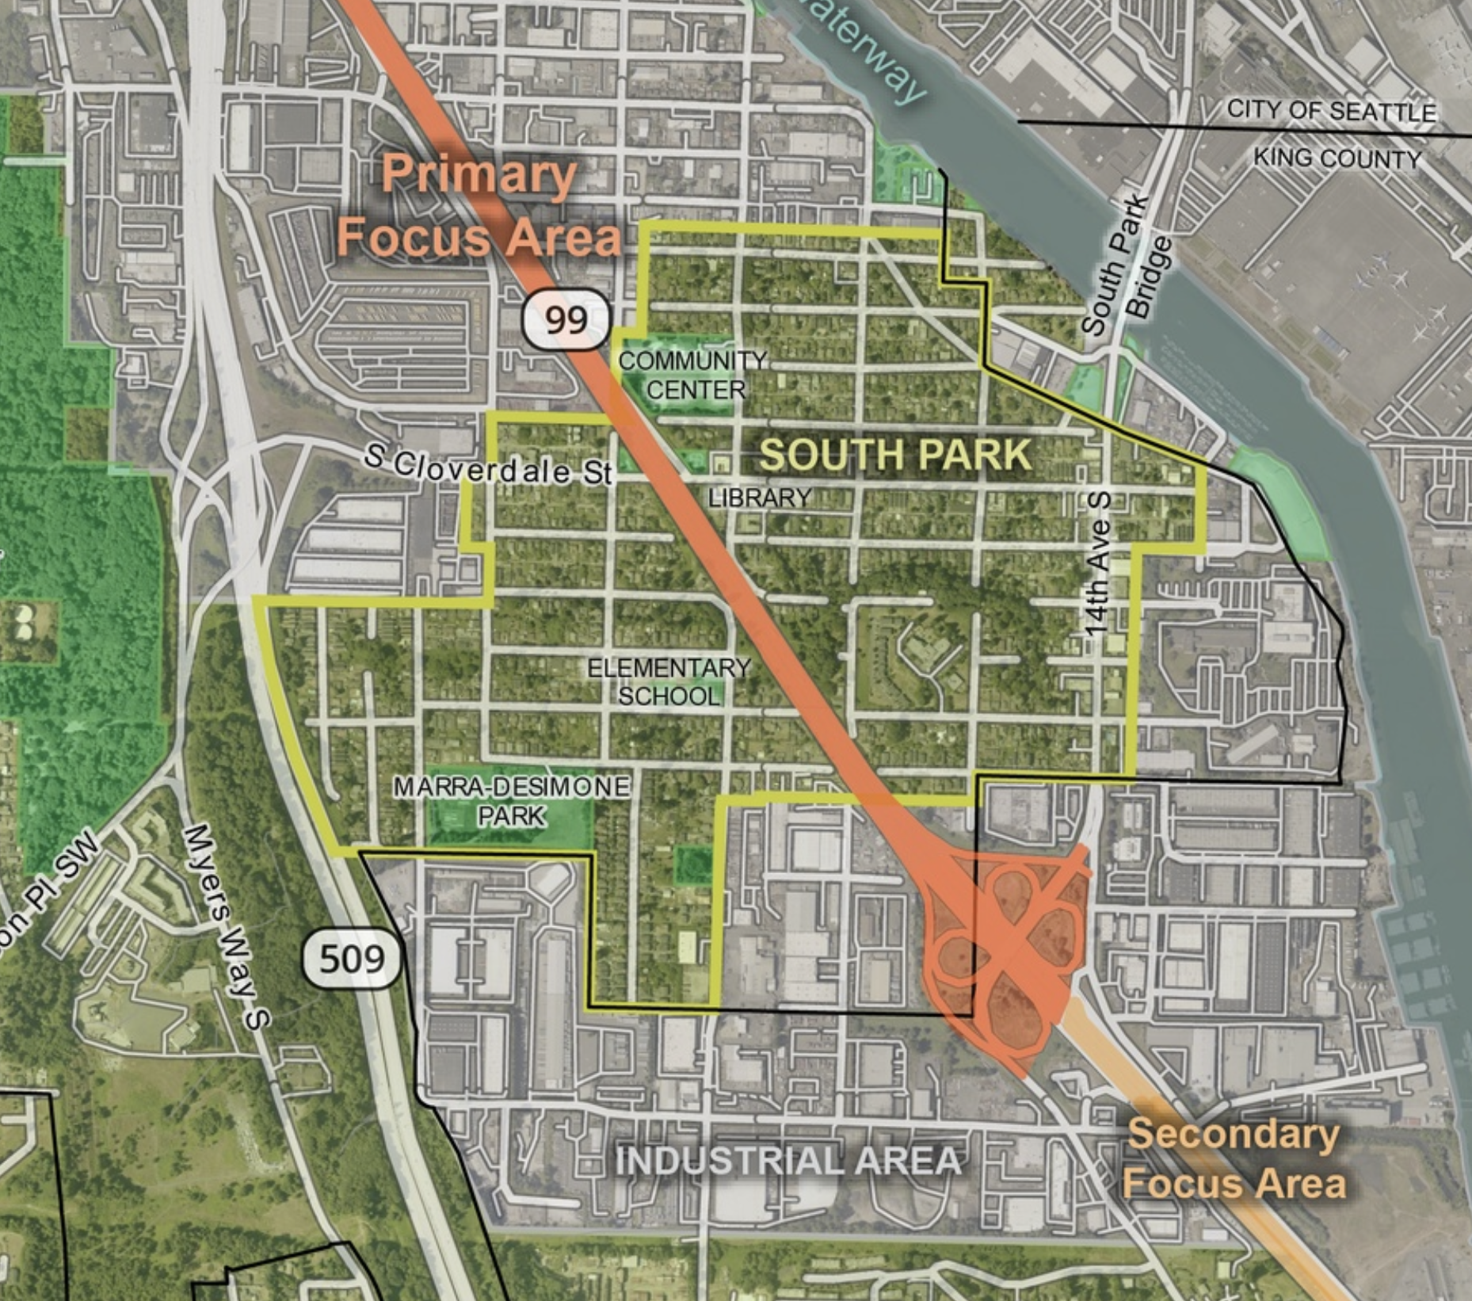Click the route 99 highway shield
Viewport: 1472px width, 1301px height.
[566, 319]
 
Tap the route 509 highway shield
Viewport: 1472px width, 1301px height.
[352, 959]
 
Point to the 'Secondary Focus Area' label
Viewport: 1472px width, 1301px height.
[1234, 1158]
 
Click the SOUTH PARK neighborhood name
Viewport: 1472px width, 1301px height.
[895, 455]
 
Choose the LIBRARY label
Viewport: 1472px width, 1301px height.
[760, 498]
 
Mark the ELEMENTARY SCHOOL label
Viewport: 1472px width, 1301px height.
[669, 682]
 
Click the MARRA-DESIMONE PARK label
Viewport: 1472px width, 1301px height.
[512, 800]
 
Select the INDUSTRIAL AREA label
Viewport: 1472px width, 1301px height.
[788, 1161]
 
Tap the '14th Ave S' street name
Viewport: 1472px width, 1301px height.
[1098, 564]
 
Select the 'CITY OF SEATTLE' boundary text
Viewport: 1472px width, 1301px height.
[1331, 110]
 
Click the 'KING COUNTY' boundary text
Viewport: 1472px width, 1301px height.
[1337, 158]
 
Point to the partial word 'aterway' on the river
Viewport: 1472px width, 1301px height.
[864, 48]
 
